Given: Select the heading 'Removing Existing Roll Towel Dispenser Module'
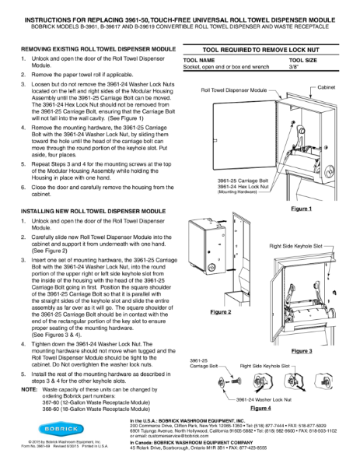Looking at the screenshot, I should [x=97, y=48].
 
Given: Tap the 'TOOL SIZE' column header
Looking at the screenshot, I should [x=304, y=59].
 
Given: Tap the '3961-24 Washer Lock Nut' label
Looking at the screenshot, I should [x=267, y=399].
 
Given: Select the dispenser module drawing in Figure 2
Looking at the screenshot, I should [x=214, y=265].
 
